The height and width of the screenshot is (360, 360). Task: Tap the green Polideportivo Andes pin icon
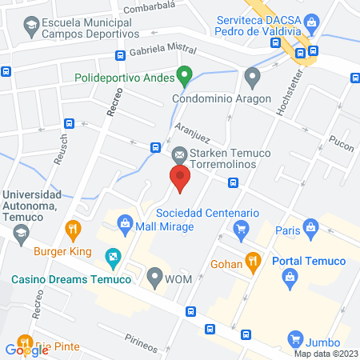click(185, 77)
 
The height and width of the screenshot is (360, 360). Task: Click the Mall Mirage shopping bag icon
click(124, 223)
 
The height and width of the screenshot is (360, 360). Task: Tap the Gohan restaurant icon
click(253, 259)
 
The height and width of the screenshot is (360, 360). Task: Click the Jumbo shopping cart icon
click(295, 339)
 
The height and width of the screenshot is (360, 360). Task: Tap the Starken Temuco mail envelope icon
click(179, 154)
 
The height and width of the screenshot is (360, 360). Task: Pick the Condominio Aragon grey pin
click(254, 78)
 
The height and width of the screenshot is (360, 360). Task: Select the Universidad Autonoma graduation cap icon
click(21, 232)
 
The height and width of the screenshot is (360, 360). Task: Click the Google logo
click(27, 349)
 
